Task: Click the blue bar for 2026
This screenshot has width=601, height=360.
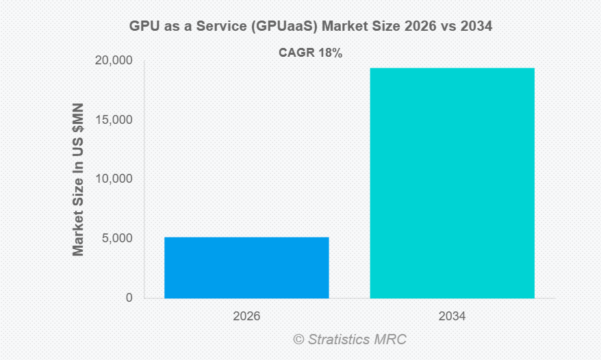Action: pyautogui.click(x=246, y=268)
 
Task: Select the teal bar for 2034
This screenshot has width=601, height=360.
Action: pyautogui.click(x=452, y=183)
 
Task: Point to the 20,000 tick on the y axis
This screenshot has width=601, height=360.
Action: pyautogui.click(x=113, y=61)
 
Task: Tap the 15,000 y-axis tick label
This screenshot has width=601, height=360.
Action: pyautogui.click(x=113, y=120)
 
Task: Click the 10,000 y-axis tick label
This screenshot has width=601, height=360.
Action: pyautogui.click(x=113, y=179)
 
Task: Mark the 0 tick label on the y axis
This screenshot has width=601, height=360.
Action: pyautogui.click(x=129, y=298)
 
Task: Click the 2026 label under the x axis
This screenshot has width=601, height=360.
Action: pyautogui.click(x=246, y=317)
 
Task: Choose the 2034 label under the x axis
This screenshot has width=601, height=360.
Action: pyautogui.click(x=452, y=317)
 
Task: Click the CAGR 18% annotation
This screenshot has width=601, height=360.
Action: pyautogui.click(x=310, y=53)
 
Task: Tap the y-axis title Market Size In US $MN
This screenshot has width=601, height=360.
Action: pyautogui.click(x=79, y=179)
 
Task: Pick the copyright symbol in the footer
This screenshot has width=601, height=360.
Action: pyautogui.click(x=298, y=339)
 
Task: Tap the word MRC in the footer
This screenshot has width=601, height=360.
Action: pyautogui.click(x=392, y=339)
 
